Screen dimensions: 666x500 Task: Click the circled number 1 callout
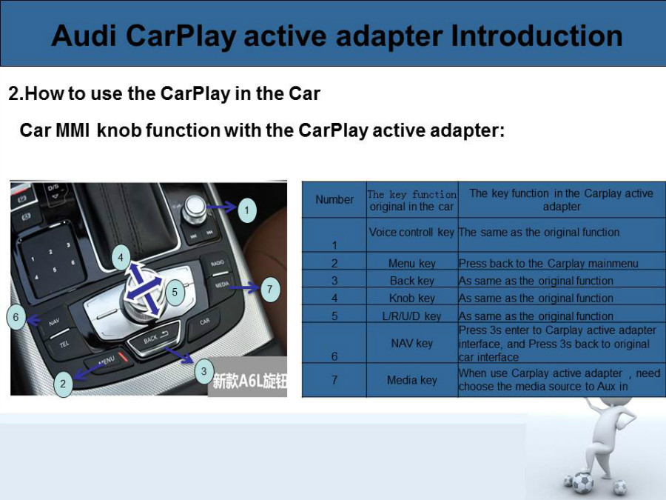(x=246, y=210)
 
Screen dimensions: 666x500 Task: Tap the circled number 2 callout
(x=63, y=384)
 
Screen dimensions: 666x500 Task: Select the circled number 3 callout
(x=204, y=371)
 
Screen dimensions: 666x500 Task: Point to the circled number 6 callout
(x=16, y=317)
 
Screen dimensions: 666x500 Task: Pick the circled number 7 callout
(x=269, y=290)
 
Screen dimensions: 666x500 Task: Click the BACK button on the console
(x=153, y=339)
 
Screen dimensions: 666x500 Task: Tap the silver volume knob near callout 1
(x=195, y=209)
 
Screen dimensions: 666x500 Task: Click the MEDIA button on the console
(x=221, y=286)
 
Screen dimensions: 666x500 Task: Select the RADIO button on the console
(x=216, y=264)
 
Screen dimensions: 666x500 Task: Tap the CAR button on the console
(x=204, y=322)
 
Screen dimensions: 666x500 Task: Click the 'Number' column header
(x=334, y=199)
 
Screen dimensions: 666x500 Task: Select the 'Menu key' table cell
(x=412, y=264)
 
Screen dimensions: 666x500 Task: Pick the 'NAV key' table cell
(x=412, y=343)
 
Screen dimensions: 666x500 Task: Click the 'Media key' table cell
(x=412, y=380)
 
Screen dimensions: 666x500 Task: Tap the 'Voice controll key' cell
(x=411, y=232)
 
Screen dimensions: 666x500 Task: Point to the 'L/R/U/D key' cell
(x=411, y=316)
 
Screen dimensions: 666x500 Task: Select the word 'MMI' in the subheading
(x=73, y=130)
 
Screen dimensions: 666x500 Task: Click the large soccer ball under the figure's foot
(x=582, y=483)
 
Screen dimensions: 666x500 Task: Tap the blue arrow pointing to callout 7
(x=244, y=288)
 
